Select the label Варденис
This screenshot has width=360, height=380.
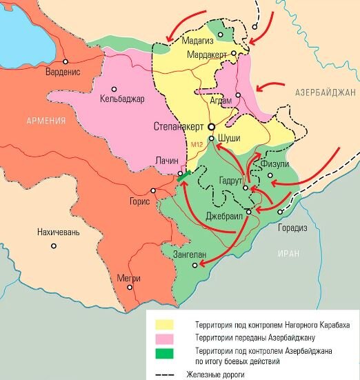(63, 70)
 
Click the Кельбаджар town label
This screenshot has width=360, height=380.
(122, 99)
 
